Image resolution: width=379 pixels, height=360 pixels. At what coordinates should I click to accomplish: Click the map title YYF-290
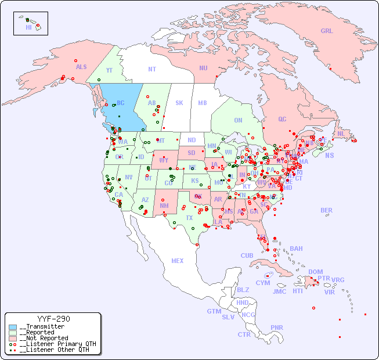[x=53, y=319]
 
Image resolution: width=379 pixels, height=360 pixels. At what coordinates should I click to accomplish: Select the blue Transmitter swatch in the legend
[x=13, y=327]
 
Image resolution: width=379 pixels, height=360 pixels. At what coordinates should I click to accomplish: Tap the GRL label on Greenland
[x=327, y=31]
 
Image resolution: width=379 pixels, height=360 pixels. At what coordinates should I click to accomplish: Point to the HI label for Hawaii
[x=29, y=27]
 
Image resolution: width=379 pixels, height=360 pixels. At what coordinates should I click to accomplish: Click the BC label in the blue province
[x=121, y=103]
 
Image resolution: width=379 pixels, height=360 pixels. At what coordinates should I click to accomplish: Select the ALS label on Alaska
[x=81, y=67]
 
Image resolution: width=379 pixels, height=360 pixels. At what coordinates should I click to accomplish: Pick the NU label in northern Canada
[x=203, y=68]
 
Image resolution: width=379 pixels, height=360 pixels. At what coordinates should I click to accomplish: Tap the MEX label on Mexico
[x=178, y=261]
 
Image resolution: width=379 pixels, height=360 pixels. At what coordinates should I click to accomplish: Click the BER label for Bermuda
[x=326, y=210]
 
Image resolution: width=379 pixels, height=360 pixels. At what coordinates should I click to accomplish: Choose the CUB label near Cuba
[x=247, y=255]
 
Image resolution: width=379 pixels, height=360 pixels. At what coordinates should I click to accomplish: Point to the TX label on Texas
[x=189, y=218]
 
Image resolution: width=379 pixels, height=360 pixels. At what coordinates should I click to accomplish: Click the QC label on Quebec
[x=282, y=119]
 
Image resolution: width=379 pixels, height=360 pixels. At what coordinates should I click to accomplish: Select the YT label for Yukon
[x=109, y=70]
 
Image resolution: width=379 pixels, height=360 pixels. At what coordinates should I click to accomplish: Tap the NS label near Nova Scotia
[x=330, y=155]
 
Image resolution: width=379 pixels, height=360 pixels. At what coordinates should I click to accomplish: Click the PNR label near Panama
[x=277, y=327]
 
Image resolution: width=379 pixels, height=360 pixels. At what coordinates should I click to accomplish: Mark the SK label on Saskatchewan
[x=179, y=103]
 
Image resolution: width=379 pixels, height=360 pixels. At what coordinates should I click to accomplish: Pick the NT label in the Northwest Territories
[x=152, y=69]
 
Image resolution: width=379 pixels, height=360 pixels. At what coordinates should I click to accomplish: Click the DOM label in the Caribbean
[x=315, y=272]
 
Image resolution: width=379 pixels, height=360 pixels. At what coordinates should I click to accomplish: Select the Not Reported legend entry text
[x=44, y=338]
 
